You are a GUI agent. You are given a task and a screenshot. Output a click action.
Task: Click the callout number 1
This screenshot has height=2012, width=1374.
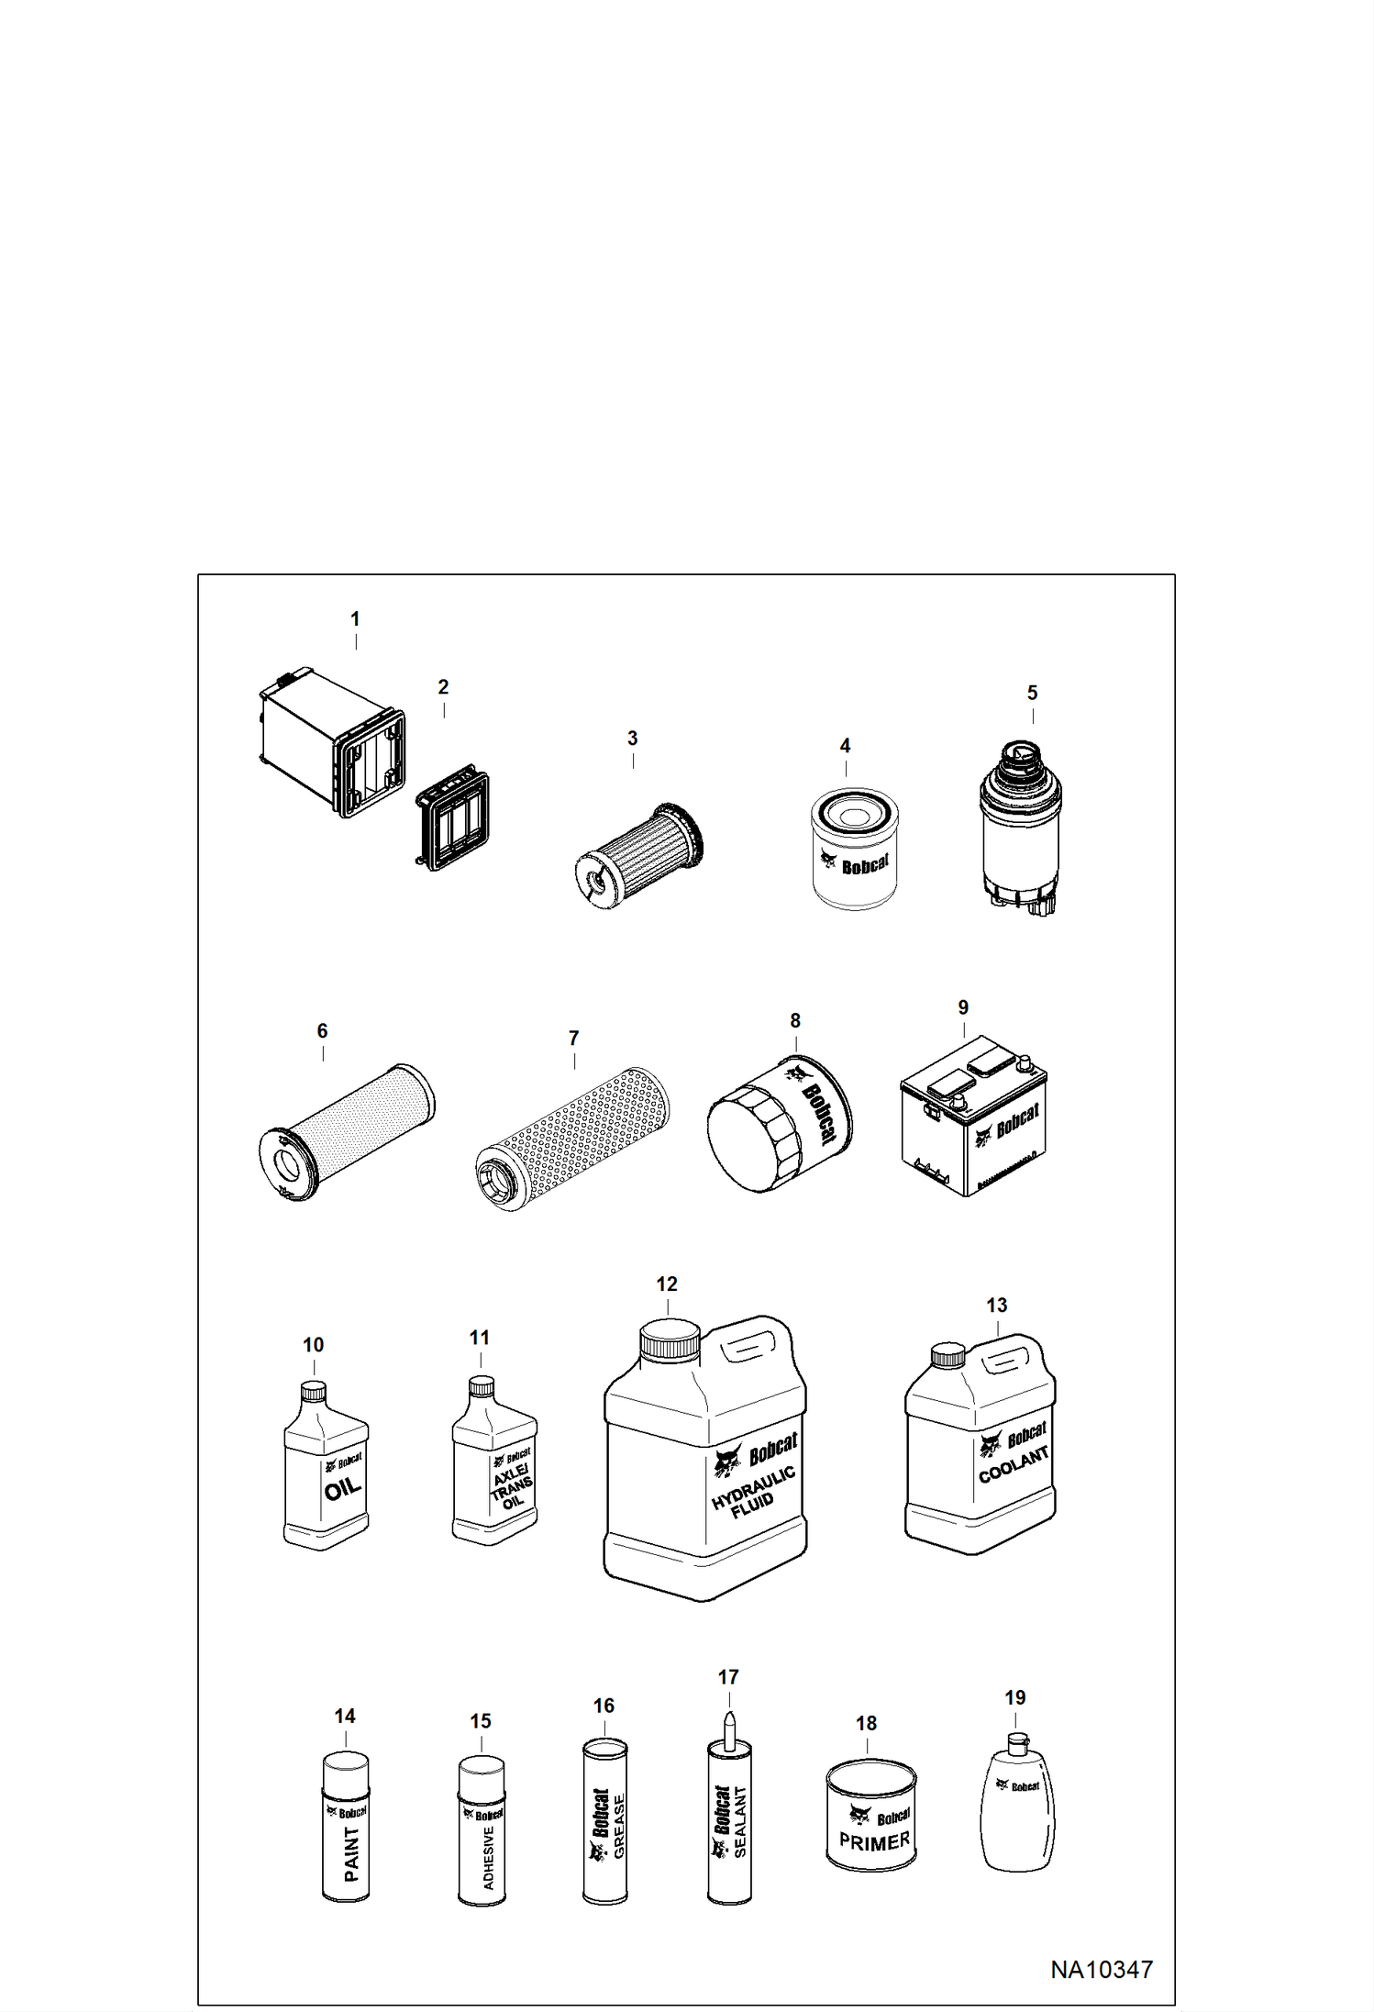pyautogui.click(x=355, y=619)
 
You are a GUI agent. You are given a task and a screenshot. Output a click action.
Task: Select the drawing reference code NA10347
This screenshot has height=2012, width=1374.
pyautogui.click(x=1101, y=1969)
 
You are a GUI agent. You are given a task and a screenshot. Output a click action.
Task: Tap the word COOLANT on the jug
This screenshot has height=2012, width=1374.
pyautogui.click(x=1014, y=1465)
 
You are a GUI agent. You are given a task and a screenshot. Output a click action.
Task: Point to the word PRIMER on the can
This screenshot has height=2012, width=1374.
pyautogui.click(x=874, y=1841)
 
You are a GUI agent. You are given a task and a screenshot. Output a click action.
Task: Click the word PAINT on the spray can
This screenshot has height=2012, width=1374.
pyautogui.click(x=351, y=1853)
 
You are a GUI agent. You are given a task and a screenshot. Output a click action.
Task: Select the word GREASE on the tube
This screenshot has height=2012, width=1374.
pyautogui.click(x=619, y=1827)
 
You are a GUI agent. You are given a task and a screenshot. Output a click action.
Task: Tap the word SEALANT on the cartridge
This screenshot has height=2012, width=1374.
pyautogui.click(x=740, y=1822)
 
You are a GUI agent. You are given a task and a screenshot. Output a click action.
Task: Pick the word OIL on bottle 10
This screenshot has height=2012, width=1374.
pyautogui.click(x=342, y=1488)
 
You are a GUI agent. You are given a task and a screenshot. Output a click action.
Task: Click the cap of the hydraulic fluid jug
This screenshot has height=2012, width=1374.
pyautogui.click(x=670, y=1340)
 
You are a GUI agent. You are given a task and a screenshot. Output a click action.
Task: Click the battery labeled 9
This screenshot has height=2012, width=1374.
pyautogui.click(x=973, y=1116)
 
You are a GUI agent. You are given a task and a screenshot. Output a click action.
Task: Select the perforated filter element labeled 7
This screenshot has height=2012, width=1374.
pyautogui.click(x=572, y=1139)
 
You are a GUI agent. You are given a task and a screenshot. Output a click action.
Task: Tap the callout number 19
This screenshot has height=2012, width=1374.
pyautogui.click(x=1014, y=1697)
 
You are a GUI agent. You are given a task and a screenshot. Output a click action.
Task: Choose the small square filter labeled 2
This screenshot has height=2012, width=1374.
pyautogui.click(x=452, y=817)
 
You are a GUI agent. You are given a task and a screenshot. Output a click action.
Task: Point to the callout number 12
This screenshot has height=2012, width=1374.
pyautogui.click(x=667, y=1284)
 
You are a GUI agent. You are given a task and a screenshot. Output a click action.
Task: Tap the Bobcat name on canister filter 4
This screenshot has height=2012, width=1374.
pyautogui.click(x=865, y=864)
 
